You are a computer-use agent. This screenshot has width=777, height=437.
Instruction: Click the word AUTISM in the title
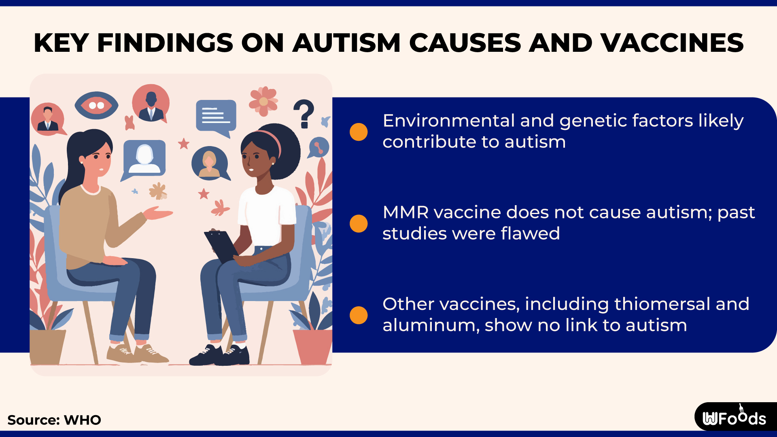point(346,43)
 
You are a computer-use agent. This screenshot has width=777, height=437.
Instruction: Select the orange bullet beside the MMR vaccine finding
point(359,223)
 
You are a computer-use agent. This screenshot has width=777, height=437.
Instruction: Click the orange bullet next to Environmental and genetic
point(359,132)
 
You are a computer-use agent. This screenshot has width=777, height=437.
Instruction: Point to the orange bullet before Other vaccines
point(359,315)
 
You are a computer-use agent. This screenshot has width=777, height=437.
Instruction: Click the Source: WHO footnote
point(54,420)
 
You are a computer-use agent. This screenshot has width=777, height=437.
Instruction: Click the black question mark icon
point(304,113)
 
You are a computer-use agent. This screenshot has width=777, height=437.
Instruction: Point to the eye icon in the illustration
point(96,105)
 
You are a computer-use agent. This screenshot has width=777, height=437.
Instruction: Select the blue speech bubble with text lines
point(216,116)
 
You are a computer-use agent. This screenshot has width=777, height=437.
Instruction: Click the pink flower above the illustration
point(263,101)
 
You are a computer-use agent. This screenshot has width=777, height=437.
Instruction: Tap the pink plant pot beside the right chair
point(312,346)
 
